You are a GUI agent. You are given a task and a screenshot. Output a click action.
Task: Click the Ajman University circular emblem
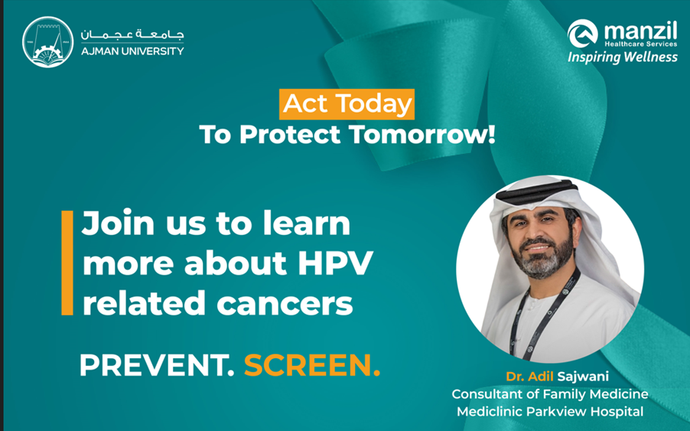point(48,42)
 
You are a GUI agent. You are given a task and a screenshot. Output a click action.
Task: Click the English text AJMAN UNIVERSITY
point(132,51)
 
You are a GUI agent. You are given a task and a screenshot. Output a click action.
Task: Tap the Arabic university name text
point(132,34)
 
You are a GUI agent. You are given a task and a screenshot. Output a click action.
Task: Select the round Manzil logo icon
point(583,34)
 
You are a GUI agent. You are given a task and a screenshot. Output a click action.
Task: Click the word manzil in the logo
point(641,31)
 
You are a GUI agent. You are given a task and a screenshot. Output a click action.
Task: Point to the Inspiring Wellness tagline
point(623,57)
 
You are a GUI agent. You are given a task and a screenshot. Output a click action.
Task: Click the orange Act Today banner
point(347,104)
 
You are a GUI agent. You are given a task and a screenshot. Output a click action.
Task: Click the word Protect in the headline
point(290,135)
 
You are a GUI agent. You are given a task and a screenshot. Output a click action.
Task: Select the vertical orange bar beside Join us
point(67,263)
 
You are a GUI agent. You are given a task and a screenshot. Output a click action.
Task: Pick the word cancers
point(285,304)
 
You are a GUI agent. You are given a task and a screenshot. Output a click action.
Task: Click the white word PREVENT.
point(157,365)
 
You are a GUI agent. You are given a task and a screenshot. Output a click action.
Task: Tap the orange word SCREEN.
point(312,365)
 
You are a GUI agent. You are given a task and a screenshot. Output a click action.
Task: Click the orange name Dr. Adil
point(529,377)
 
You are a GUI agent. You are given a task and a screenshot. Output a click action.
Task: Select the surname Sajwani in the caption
point(583,377)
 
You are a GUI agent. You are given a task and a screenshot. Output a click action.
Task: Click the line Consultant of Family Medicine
point(550,393)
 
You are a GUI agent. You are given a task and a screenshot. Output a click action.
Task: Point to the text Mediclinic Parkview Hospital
point(550,412)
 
